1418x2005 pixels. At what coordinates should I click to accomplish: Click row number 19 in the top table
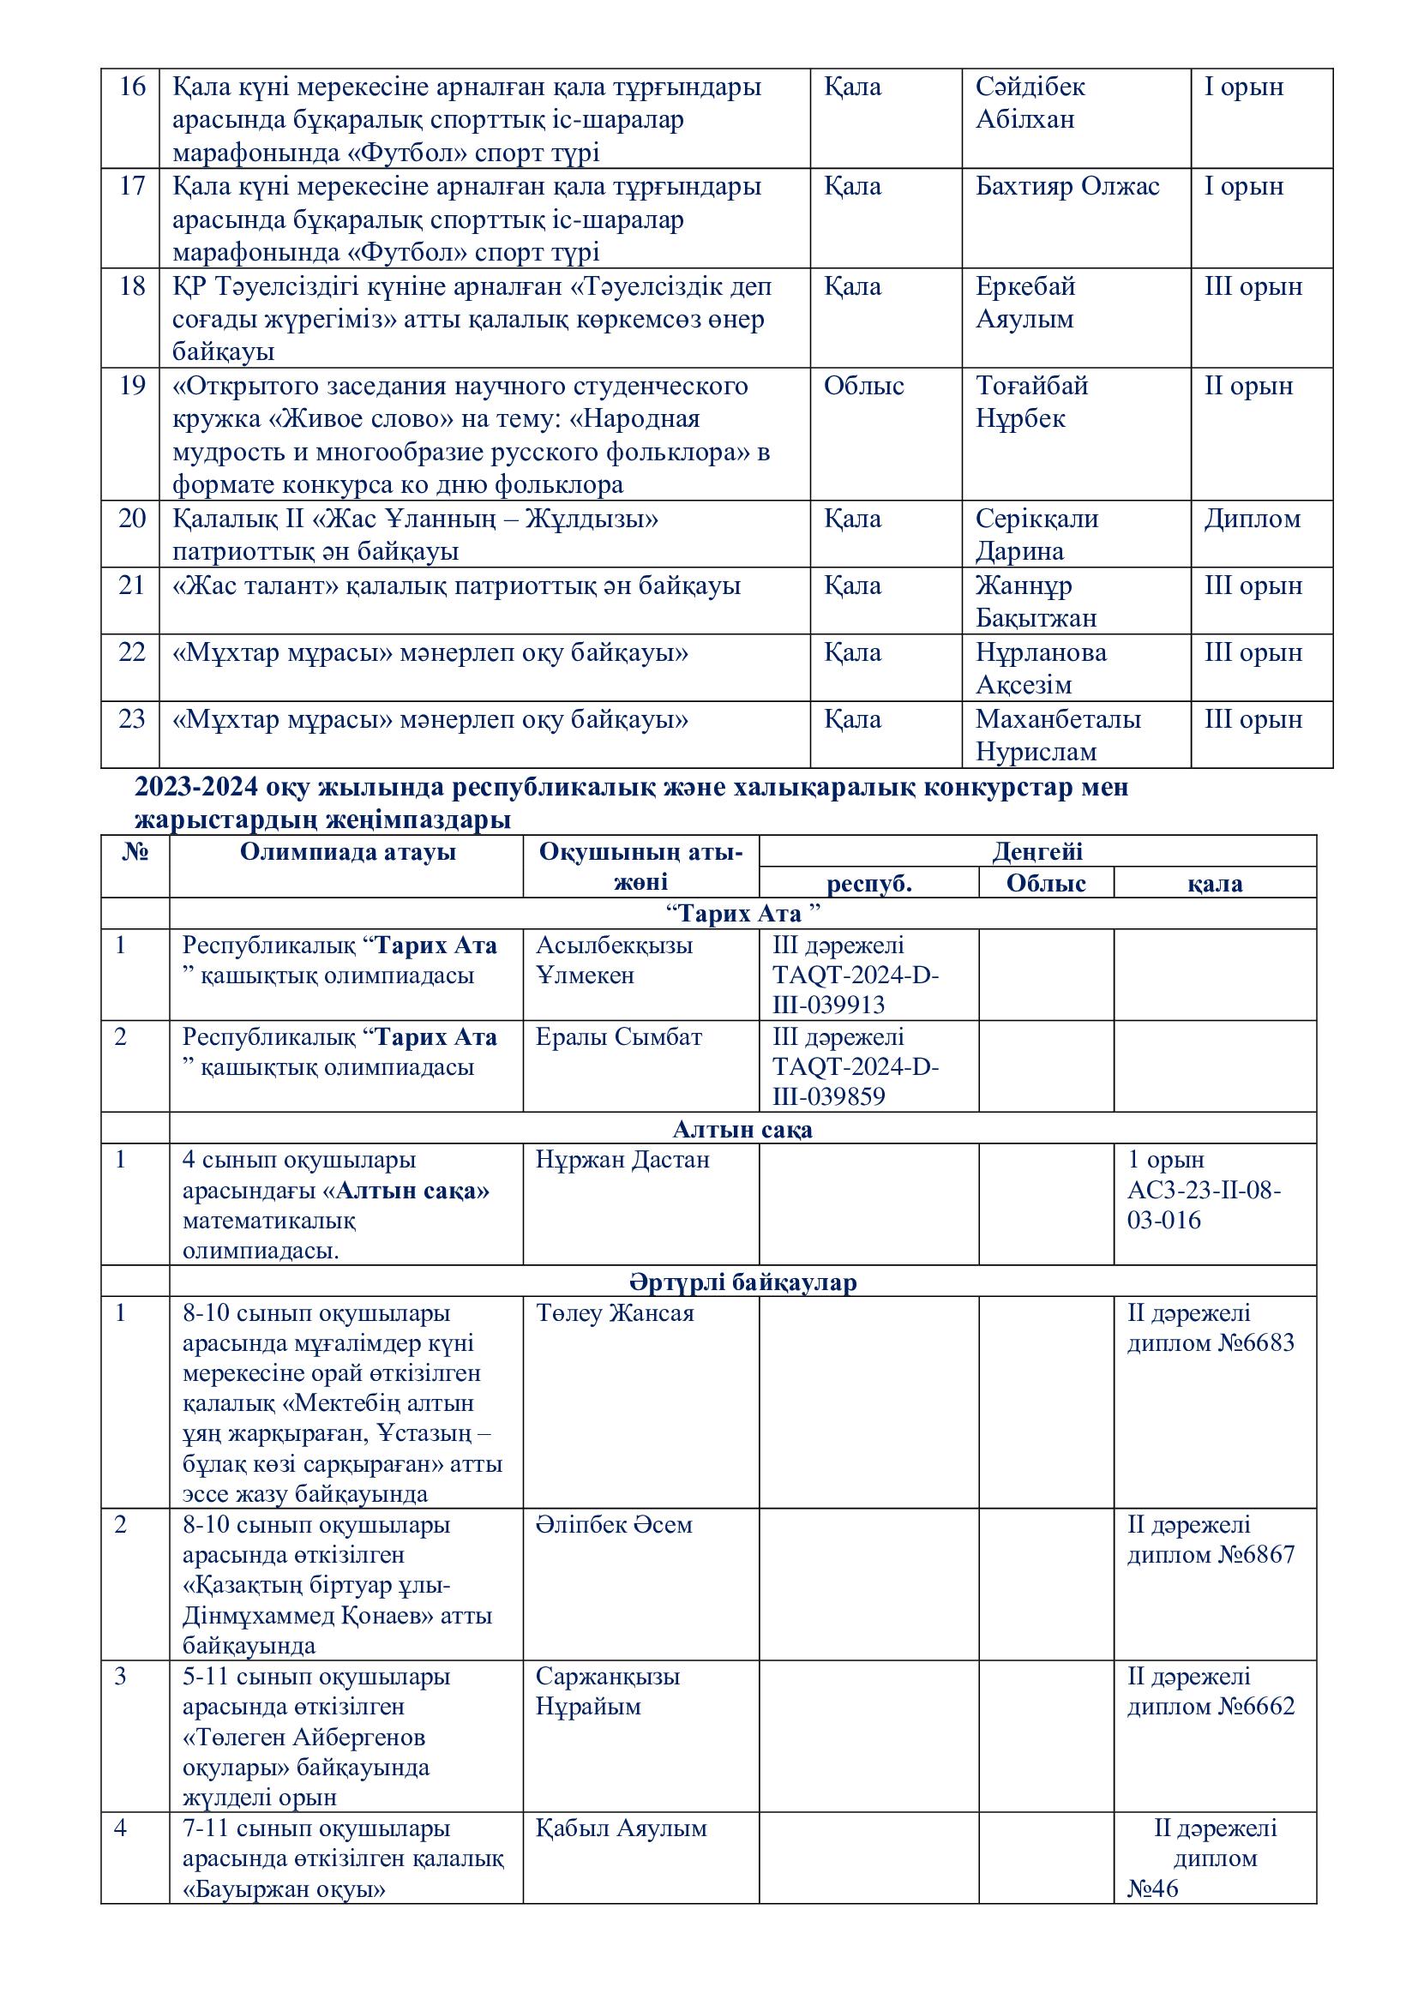pyautogui.click(x=131, y=386)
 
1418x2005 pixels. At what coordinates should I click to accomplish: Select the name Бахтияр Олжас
pyautogui.click(x=1067, y=187)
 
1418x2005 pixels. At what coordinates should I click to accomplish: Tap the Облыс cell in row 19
pyautogui.click(x=863, y=386)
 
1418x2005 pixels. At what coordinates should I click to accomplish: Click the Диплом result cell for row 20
pyautogui.click(x=1252, y=519)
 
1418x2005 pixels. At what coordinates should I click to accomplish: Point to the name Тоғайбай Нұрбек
pyautogui.click(x=1031, y=402)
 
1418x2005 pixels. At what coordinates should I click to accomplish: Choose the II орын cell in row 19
pyautogui.click(x=1248, y=386)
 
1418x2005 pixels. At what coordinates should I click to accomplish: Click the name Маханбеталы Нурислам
pyautogui.click(x=1057, y=735)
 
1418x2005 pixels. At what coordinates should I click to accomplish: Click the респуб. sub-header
pyautogui.click(x=868, y=883)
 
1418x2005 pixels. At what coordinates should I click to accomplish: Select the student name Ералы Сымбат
pyautogui.click(x=618, y=1037)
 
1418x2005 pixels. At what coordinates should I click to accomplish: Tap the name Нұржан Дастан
pyautogui.click(x=622, y=1160)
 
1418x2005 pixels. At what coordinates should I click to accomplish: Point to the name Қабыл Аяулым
pyautogui.click(x=621, y=1828)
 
